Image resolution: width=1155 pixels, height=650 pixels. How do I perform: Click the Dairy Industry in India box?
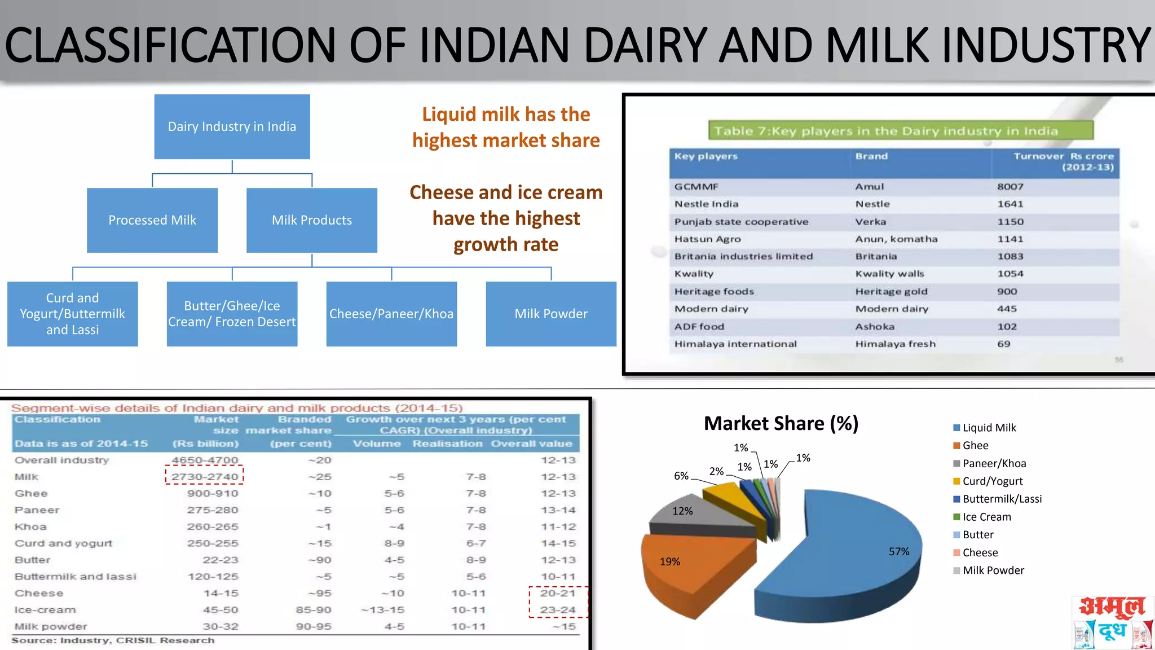coord(232,126)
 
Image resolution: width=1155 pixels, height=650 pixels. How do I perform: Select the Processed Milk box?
coord(152,220)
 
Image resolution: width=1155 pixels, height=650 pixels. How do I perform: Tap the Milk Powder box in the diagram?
coord(551,314)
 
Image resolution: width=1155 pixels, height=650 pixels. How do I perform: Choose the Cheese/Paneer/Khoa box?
coord(391,314)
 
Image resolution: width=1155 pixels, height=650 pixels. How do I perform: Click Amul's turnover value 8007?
coord(1010,187)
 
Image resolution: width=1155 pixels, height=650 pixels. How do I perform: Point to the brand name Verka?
coord(870,222)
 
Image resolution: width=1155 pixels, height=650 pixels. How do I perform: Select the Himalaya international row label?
coord(735,344)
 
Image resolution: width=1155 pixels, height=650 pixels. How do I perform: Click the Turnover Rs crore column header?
coord(1063,161)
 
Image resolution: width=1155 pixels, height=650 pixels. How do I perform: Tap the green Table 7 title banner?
coord(901,131)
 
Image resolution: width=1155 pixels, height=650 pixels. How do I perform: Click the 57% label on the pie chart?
coord(899,551)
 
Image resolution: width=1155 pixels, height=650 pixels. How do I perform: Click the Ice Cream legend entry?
coord(986,517)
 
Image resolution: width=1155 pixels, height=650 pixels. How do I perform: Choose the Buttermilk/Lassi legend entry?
coord(1002,499)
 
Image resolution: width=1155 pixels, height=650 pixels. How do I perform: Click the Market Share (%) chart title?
coord(781,423)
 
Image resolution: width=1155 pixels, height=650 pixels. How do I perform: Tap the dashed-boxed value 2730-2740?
coord(205,477)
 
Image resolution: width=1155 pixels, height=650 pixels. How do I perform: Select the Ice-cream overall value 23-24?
coord(558,610)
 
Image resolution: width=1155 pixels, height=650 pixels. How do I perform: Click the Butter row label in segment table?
coord(33,560)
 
